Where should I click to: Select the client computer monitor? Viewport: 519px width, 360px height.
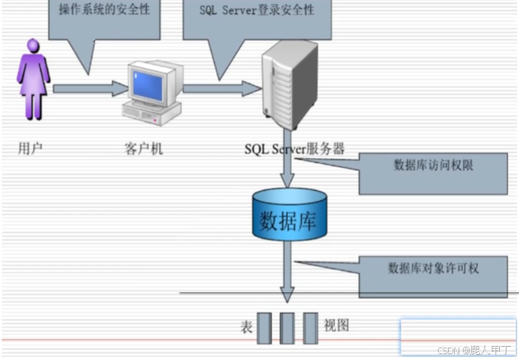click(x=151, y=83)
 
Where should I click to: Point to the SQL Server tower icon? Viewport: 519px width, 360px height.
click(x=289, y=83)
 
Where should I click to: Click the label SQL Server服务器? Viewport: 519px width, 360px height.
click(x=294, y=148)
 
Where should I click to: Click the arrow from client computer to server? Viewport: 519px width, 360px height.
click(x=221, y=89)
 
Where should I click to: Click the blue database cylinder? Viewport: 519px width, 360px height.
click(x=289, y=215)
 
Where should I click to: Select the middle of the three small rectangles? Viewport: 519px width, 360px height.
click(x=288, y=328)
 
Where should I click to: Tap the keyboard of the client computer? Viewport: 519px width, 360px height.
click(x=151, y=114)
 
